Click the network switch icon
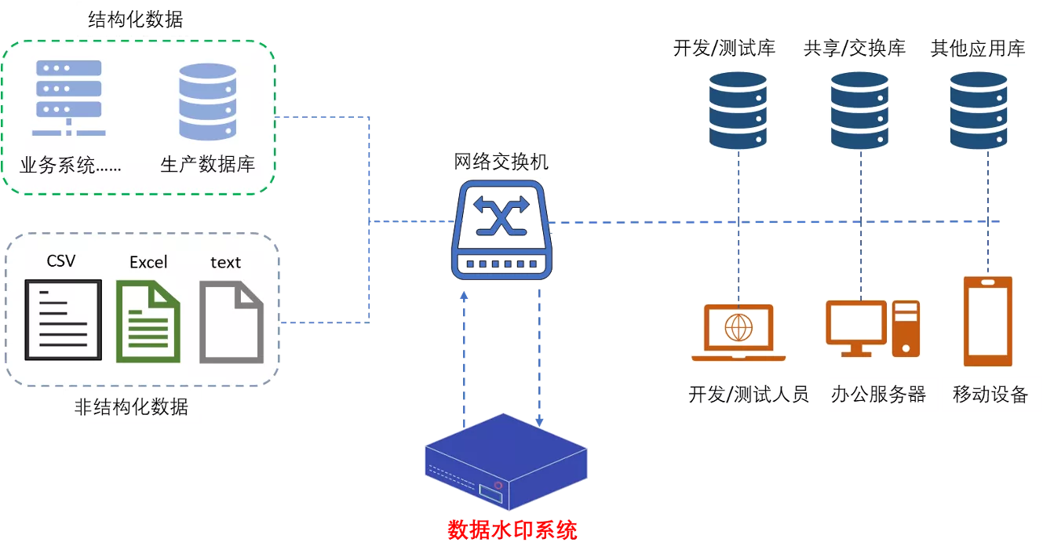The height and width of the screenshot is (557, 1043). coord(502,230)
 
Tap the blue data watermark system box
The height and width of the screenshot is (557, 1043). coord(506,461)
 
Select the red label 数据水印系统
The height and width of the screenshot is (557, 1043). coord(512,530)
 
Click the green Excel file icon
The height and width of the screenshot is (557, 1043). coord(148,321)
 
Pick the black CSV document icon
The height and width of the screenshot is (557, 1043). coord(64,319)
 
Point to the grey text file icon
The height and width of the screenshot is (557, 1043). coord(232,322)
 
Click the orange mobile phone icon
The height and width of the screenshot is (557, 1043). coord(987,321)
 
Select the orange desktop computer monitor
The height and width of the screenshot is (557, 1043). coord(856,329)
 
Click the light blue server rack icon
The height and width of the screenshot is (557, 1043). coord(69,98)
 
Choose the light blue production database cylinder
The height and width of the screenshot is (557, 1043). coord(208,101)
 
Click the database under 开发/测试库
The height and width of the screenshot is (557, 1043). coord(738,111)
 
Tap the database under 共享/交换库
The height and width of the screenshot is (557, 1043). coord(859,111)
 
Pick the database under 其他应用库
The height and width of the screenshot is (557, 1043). coord(979,111)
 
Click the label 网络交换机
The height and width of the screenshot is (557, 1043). coord(501,162)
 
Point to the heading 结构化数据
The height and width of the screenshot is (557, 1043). coord(136,20)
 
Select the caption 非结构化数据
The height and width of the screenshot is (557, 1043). coord(131,406)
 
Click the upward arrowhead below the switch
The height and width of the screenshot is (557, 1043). coord(464,296)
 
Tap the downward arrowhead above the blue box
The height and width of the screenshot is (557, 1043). coord(539,422)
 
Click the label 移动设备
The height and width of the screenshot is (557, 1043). coord(990,394)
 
